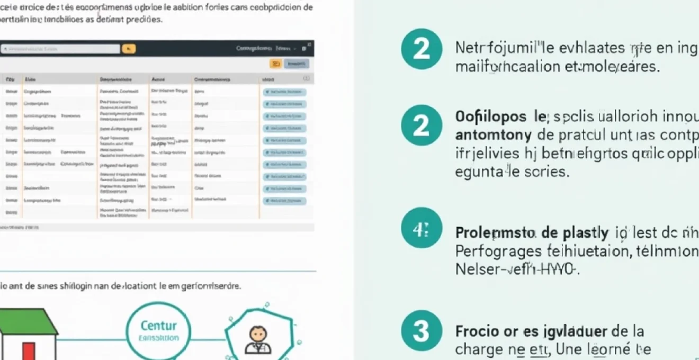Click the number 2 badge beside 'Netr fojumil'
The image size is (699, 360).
tap(421, 49)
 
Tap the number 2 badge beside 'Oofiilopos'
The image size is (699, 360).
tap(421, 125)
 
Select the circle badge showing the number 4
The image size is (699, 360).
tap(421, 228)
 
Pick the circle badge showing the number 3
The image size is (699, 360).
tap(421, 331)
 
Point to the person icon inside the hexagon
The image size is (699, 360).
tap(258, 340)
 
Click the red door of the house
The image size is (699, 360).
tap(28, 350)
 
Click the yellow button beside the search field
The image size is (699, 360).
tap(129, 49)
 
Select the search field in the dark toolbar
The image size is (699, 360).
tap(60, 49)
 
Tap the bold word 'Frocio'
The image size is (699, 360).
tap(473, 331)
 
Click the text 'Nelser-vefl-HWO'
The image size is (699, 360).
tap(517, 269)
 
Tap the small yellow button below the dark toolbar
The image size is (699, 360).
tap(275, 64)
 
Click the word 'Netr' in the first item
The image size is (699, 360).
tap(468, 48)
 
